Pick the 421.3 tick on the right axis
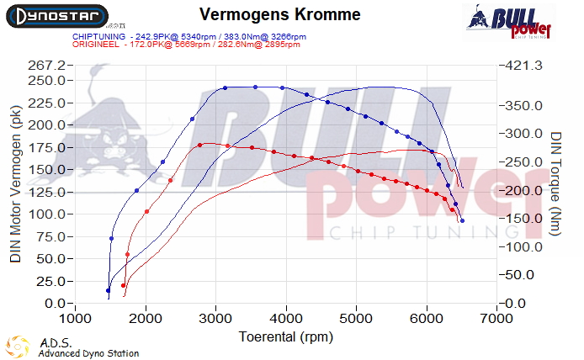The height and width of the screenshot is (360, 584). click(x=524, y=66)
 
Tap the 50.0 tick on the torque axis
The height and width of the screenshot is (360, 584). click(x=521, y=274)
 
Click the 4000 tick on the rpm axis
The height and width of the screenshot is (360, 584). click(x=287, y=320)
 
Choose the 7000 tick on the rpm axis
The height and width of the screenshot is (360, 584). click(x=498, y=320)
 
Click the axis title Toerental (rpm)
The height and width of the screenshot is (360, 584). click(x=282, y=336)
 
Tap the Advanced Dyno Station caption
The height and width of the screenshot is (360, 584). click(x=88, y=353)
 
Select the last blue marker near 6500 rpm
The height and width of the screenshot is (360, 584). click(x=463, y=220)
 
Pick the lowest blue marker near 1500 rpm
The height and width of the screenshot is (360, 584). click(x=108, y=290)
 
